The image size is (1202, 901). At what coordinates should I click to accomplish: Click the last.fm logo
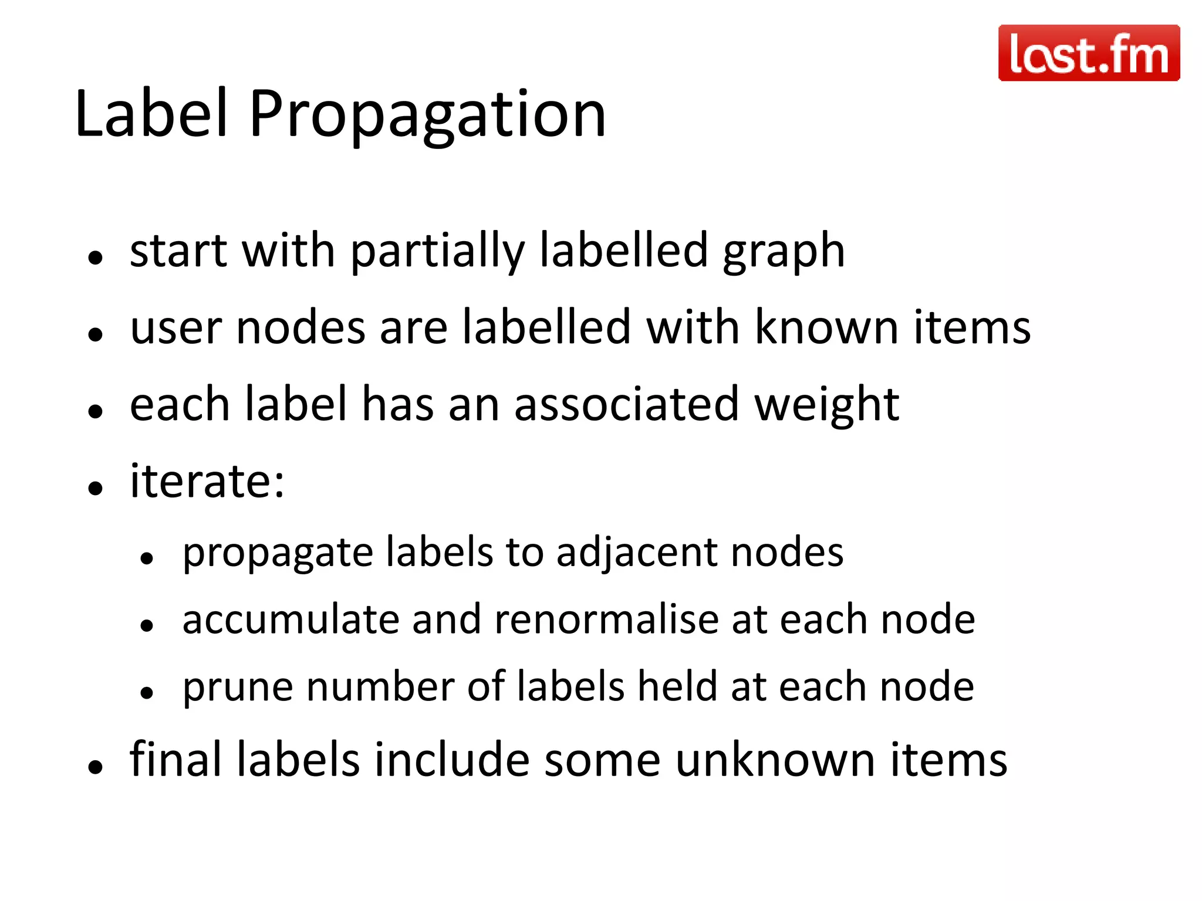coord(1089,53)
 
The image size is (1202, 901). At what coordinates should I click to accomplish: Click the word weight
coord(826,406)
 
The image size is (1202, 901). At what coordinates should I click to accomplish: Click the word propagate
coord(278,554)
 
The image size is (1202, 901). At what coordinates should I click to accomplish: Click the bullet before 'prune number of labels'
coord(147,693)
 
